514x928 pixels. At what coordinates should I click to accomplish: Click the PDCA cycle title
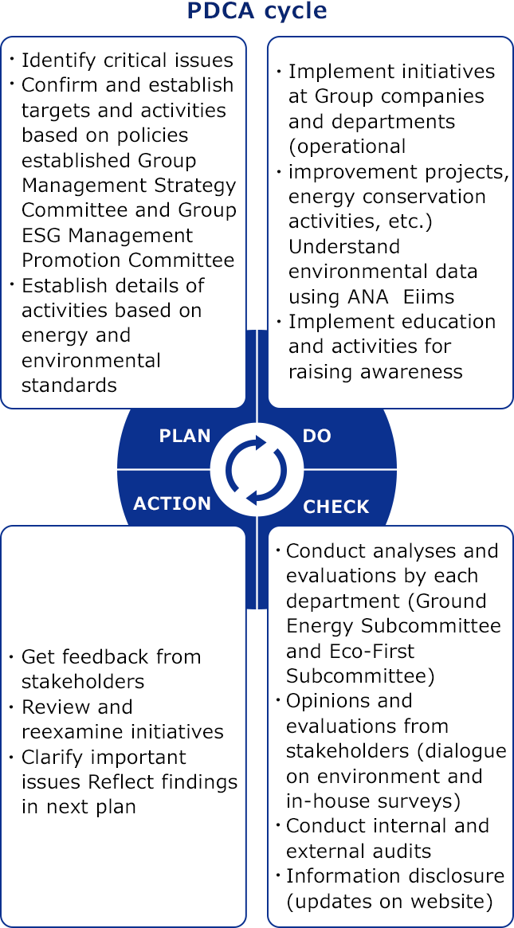click(257, 12)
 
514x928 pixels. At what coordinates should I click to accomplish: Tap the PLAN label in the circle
click(185, 437)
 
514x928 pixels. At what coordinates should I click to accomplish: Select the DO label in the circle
click(317, 437)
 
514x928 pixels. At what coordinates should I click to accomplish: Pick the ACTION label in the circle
click(172, 503)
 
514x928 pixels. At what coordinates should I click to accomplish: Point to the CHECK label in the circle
click(336, 507)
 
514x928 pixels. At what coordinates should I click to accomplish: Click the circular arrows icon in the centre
click(257, 470)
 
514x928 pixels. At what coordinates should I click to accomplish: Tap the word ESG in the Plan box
click(41, 235)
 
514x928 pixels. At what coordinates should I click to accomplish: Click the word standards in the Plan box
click(69, 386)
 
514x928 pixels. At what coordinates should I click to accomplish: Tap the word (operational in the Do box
click(347, 147)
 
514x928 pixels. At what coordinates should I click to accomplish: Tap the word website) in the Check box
click(455, 903)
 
